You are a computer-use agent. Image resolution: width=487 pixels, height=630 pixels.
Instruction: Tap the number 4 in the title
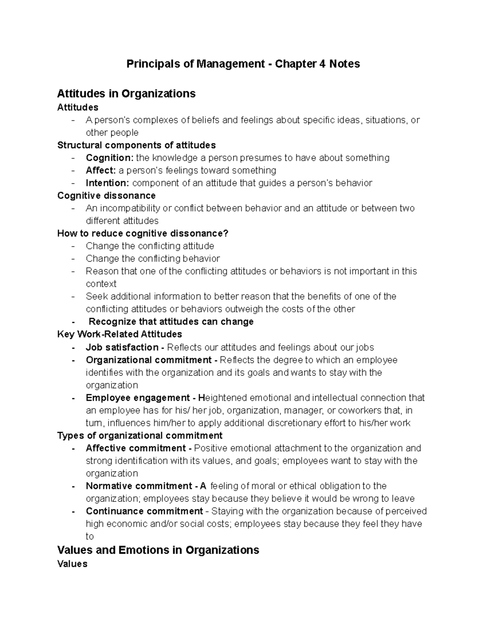point(322,64)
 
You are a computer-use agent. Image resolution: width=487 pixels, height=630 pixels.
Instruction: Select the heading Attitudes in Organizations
point(126,94)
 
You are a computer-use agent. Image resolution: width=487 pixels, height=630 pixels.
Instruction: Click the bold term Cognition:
point(110,158)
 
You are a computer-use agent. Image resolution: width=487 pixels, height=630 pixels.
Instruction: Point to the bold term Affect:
point(101,170)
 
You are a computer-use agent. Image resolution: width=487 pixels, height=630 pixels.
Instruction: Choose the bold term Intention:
point(108,183)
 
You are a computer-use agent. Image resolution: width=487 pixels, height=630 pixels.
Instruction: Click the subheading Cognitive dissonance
point(106,196)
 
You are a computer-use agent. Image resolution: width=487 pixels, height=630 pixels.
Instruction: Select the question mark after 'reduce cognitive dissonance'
point(226,234)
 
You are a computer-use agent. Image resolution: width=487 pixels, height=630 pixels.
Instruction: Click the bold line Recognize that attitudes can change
point(171,322)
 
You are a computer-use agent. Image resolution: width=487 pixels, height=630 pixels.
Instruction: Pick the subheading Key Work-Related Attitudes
point(120,334)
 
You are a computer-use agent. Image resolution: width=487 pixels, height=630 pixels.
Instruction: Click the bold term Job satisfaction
point(122,348)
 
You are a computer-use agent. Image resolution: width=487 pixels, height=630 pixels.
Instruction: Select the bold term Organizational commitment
point(149,360)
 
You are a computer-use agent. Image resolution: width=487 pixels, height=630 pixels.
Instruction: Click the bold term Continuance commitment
point(144,511)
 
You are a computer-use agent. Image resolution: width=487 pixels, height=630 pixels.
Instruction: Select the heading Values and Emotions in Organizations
point(158,550)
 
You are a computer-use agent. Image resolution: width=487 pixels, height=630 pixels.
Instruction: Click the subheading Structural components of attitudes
point(136,145)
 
